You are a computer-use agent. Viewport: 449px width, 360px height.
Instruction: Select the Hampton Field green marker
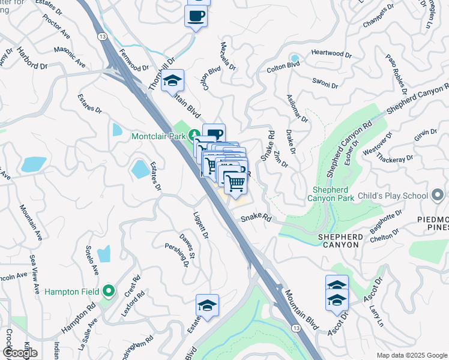[109, 292]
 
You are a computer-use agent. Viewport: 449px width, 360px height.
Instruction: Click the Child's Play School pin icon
[438, 196]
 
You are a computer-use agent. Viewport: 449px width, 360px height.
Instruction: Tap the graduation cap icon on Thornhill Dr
[173, 80]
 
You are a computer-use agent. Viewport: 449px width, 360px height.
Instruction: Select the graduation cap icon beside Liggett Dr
[207, 305]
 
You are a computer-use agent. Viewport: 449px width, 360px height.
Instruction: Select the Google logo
[20, 353]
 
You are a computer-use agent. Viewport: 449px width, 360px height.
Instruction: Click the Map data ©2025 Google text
[411, 355]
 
